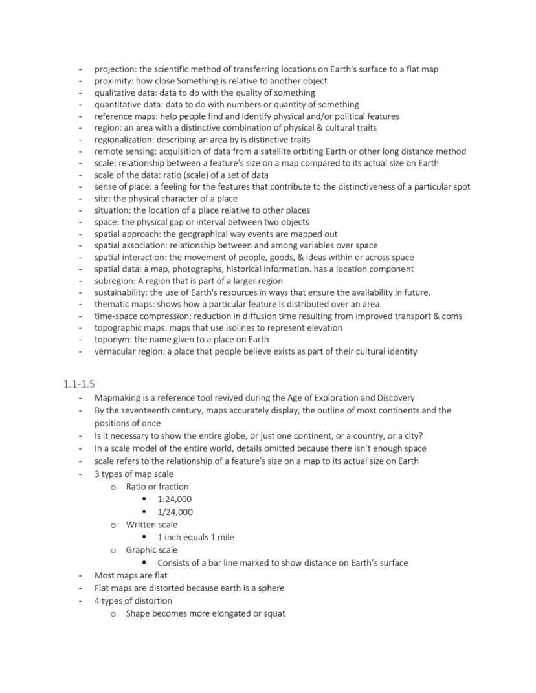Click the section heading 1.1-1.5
pyautogui.click(x=79, y=384)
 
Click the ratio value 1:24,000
pyautogui.click(x=174, y=499)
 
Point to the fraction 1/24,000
pyautogui.click(x=175, y=512)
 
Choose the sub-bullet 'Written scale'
pyautogui.click(x=151, y=525)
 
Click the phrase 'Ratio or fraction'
pyautogui.click(x=157, y=487)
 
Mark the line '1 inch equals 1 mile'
pyautogui.click(x=195, y=537)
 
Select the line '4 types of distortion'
pyautogui.click(x=133, y=600)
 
